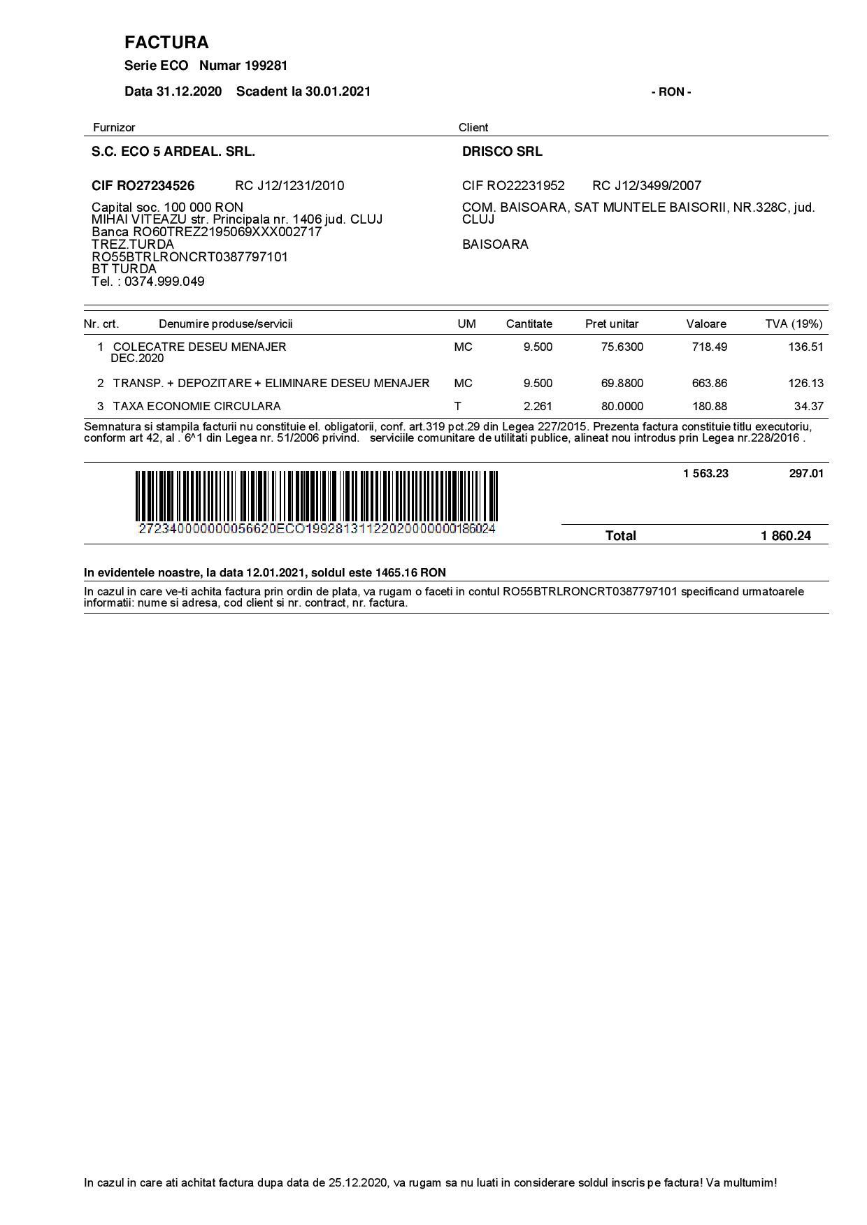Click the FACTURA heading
click(166, 43)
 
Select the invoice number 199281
click(266, 66)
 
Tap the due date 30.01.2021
click(338, 92)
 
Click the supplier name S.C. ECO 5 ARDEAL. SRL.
click(173, 152)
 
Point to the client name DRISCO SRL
click(502, 152)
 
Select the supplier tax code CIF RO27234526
click(143, 186)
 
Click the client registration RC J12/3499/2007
click(647, 186)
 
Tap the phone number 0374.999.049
click(164, 282)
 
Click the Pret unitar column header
click(612, 324)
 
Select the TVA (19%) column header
click(794, 324)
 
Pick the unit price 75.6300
click(622, 347)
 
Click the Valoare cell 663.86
click(710, 383)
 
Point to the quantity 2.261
click(538, 406)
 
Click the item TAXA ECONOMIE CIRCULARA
click(196, 406)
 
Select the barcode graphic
click(317, 496)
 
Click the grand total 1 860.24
click(786, 536)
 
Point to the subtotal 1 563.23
click(705, 474)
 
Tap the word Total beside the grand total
click(620, 536)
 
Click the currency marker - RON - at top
click(671, 92)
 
